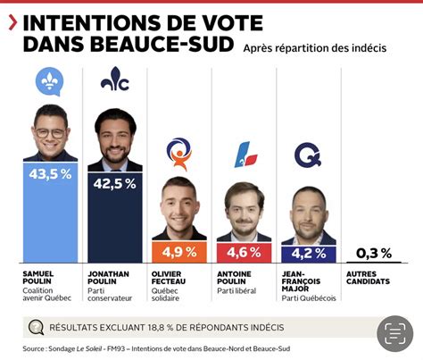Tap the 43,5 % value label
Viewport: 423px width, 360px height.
point(50,174)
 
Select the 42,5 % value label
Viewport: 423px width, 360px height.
point(114,184)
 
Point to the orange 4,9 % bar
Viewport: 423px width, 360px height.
point(179,253)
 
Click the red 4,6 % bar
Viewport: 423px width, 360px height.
point(244,253)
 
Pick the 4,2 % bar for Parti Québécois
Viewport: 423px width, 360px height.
point(308,254)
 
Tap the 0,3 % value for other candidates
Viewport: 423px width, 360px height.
point(373,253)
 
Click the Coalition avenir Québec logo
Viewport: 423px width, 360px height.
point(50,81)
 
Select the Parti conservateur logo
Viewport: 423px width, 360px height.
point(114,80)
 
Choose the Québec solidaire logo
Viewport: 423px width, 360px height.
point(179,152)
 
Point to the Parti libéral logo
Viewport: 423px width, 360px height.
point(244,155)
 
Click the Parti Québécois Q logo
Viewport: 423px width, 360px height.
point(308,155)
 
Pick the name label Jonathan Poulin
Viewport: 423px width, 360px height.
point(108,280)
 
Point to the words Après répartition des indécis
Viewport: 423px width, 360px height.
point(314,47)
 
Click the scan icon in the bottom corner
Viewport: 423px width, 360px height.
point(394,332)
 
